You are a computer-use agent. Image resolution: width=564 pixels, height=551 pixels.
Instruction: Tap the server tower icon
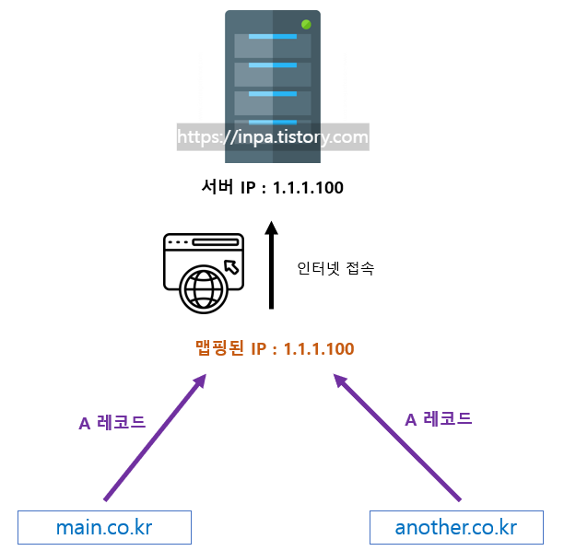272,74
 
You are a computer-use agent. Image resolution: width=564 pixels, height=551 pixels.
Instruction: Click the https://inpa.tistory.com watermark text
272,137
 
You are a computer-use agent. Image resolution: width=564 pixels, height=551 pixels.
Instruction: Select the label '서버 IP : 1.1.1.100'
272,188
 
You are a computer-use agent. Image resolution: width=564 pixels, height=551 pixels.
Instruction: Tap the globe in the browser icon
203,288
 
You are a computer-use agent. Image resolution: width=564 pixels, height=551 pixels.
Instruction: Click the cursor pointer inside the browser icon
231,266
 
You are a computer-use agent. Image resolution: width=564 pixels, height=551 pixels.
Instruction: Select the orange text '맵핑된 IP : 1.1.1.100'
275,348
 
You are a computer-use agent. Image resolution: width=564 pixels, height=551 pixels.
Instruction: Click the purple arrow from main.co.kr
155,437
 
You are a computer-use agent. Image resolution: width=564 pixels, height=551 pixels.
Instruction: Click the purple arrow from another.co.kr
398,437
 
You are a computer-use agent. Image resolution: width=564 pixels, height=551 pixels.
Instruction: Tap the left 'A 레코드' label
112,423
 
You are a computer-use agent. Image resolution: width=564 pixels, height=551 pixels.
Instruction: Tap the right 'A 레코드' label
439,418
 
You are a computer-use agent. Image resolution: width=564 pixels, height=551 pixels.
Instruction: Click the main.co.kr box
104,528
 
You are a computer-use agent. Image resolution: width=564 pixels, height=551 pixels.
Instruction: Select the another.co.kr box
455,528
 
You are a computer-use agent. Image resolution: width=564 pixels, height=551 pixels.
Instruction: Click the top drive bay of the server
272,43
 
